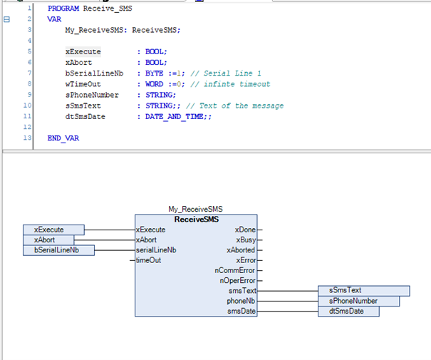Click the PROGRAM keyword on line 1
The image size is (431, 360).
click(x=63, y=9)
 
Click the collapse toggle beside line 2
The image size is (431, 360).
click(x=6, y=19)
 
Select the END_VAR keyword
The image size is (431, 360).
click(x=63, y=138)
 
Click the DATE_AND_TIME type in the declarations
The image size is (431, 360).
click(x=175, y=117)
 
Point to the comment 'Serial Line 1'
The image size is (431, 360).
click(x=225, y=73)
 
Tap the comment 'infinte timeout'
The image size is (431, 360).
click(x=230, y=84)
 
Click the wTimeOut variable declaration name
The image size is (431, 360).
click(x=83, y=84)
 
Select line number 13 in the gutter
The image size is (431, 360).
click(x=27, y=138)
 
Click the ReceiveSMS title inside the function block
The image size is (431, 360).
click(x=197, y=219)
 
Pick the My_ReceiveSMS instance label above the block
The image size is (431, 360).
click(x=195, y=210)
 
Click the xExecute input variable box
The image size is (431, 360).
click(x=53, y=230)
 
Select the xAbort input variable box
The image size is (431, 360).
click(x=48, y=240)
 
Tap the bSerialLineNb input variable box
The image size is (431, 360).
click(x=59, y=250)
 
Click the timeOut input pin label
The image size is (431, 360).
click(x=148, y=260)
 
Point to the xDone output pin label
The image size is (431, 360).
click(x=245, y=230)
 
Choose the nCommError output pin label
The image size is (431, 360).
click(x=235, y=270)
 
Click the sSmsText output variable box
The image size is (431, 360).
click(x=364, y=291)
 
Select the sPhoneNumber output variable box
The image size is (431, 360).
click(x=359, y=301)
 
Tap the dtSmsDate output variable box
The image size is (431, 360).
click(x=348, y=312)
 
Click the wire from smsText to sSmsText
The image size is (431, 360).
click(x=288, y=291)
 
